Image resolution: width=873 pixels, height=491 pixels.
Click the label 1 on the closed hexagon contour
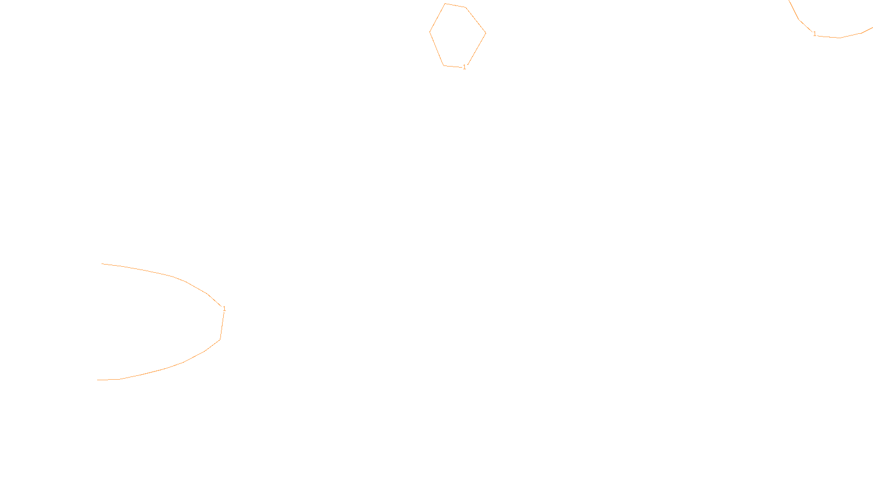tap(464, 67)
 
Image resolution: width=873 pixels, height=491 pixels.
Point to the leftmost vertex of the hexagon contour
tap(430, 32)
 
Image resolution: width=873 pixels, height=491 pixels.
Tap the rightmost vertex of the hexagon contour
tap(486, 33)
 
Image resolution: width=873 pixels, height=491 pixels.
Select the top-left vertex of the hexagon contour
tap(445, 4)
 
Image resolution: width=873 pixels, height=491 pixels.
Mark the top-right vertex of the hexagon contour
tap(465, 8)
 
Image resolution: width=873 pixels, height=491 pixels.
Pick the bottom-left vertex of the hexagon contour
tap(444, 65)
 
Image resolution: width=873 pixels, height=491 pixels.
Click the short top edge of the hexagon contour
tap(455, 5)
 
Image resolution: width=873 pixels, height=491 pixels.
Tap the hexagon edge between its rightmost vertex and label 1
tap(476, 49)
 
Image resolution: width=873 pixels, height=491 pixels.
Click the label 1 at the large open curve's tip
tap(224, 309)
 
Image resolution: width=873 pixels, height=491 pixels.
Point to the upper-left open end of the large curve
tap(102, 264)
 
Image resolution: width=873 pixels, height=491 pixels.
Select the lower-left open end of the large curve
tap(98, 380)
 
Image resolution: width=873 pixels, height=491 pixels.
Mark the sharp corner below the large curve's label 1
tap(220, 339)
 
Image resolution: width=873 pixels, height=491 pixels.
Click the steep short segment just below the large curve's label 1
tap(222, 326)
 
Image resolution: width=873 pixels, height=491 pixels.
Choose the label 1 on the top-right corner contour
tap(815, 34)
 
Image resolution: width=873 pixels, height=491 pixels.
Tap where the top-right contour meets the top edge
tap(790, 1)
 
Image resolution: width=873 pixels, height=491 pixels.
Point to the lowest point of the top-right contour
tap(839, 38)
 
